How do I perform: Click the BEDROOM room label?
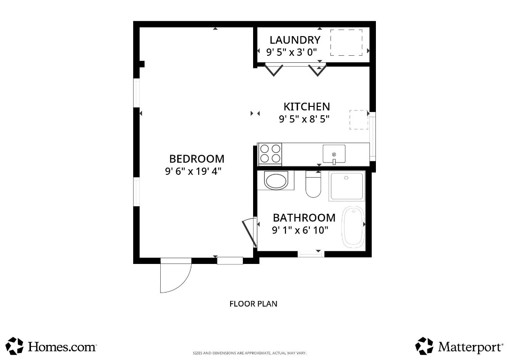(x=196, y=158)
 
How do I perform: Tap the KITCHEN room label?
(x=307, y=106)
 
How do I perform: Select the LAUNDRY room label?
(x=295, y=40)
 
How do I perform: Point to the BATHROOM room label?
(x=304, y=217)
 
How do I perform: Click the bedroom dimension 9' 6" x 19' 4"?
(x=193, y=172)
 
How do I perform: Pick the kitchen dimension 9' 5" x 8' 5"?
(x=304, y=119)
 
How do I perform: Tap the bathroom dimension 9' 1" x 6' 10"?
(x=300, y=230)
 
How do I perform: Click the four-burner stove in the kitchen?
(x=270, y=154)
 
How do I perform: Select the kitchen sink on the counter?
(x=334, y=154)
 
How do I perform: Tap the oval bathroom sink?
(x=276, y=181)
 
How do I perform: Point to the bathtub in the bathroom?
(x=353, y=227)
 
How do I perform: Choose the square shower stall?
(x=346, y=187)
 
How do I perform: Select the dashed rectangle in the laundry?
(x=346, y=43)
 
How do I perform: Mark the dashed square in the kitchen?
(x=359, y=120)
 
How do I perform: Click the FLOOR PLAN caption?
(x=253, y=304)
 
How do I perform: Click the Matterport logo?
(x=458, y=346)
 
